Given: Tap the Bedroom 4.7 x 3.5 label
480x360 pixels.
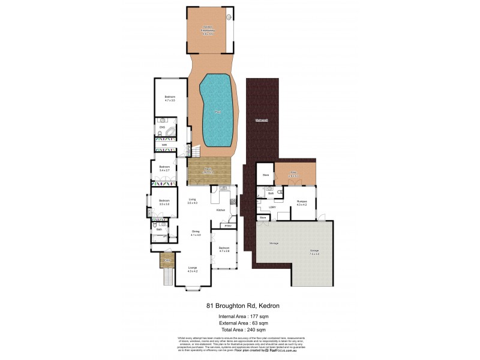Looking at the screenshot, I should point(170,99).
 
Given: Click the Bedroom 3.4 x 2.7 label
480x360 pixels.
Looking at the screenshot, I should point(164,169).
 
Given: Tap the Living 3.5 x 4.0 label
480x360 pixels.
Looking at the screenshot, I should point(193,202).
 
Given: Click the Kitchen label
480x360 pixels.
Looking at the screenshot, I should point(220,211).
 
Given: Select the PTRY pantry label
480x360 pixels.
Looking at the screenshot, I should point(227,226).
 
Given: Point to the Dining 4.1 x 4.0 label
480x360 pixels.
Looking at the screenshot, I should point(196,233).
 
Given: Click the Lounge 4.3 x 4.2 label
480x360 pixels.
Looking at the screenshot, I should point(192,269).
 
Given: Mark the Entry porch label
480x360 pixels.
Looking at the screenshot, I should point(167,262).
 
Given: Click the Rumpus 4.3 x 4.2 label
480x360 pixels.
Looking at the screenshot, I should point(301,203).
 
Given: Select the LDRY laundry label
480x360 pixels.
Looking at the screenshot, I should point(273,208).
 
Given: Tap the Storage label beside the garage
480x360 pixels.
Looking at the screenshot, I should point(274,243).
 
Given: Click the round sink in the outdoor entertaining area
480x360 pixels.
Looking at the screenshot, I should point(227,17).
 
